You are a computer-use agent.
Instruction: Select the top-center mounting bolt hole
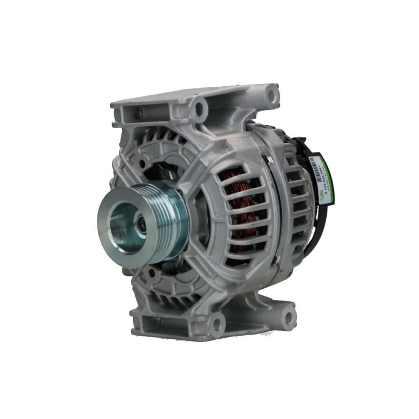click(200, 109)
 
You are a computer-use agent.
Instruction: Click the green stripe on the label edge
click(328, 180)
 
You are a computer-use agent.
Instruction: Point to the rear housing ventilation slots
click(297, 201)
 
